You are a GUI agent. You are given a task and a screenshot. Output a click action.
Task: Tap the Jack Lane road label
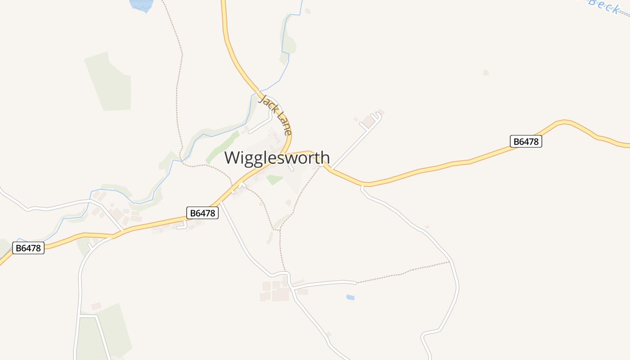[x=275, y=115]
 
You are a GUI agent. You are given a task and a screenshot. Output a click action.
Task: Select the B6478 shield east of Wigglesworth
[x=526, y=141]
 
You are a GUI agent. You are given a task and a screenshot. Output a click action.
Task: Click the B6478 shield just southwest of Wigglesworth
[x=202, y=213]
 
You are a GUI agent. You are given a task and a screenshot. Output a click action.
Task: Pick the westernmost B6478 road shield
[x=28, y=248]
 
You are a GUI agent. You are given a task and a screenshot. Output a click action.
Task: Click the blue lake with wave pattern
[x=141, y=4]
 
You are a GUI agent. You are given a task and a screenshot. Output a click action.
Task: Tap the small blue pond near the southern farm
[x=350, y=297]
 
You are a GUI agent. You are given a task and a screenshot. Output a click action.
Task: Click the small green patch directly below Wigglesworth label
[x=274, y=180]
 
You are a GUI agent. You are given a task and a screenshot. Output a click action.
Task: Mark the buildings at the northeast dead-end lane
[x=369, y=121]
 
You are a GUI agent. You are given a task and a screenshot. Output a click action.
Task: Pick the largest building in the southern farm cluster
[x=280, y=295]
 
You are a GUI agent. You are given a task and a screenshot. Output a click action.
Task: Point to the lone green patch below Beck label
[x=486, y=72]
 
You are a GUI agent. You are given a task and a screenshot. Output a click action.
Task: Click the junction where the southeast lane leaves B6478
[x=363, y=185]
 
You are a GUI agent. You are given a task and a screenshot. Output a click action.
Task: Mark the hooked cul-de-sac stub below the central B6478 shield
[x=182, y=225]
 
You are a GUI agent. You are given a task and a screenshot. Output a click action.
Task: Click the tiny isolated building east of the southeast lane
[x=427, y=227]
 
